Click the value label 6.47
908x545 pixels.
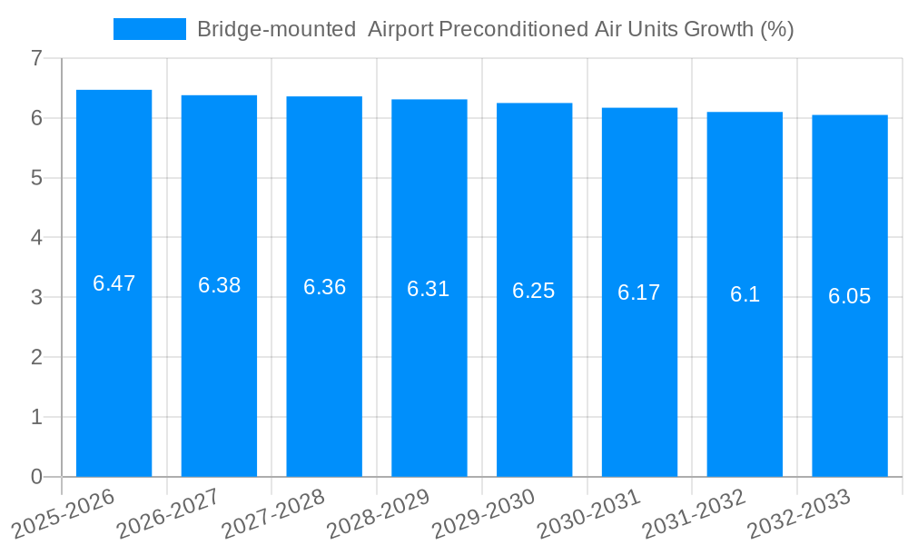(113, 283)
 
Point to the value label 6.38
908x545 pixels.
(219, 285)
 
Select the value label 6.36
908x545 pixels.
(324, 287)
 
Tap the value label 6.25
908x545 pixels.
(534, 291)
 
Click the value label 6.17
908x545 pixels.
(639, 292)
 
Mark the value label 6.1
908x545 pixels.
(745, 294)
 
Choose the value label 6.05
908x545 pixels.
(850, 296)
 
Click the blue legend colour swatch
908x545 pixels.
(149, 29)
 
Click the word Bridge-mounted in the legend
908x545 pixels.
(276, 29)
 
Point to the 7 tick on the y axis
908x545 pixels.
(36, 58)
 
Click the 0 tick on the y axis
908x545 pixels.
(36, 477)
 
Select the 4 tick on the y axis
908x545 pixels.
(36, 238)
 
